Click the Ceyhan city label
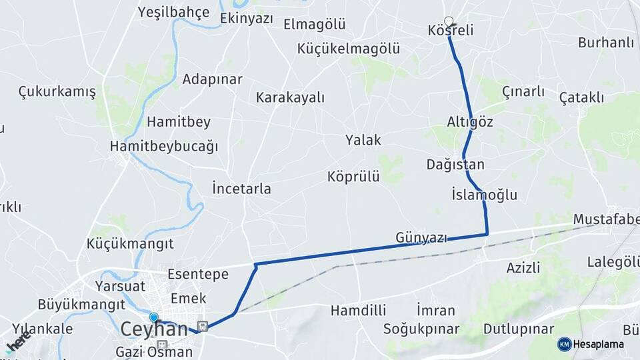[153, 329]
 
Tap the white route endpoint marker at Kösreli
[449, 21]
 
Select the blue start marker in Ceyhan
[154, 318]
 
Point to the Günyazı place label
[421, 237]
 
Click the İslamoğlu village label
[484, 195]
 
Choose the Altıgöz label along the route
[471, 121]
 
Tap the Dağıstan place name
[455, 164]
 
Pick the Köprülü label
[353, 177]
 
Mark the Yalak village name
[363, 140]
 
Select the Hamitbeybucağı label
[165, 146]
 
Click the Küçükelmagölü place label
[349, 49]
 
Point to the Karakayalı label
[290, 97]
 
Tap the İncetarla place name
[241, 189]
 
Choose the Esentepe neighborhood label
[198, 274]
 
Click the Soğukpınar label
[421, 329]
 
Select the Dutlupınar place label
[519, 329]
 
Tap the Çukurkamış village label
[57, 91]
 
